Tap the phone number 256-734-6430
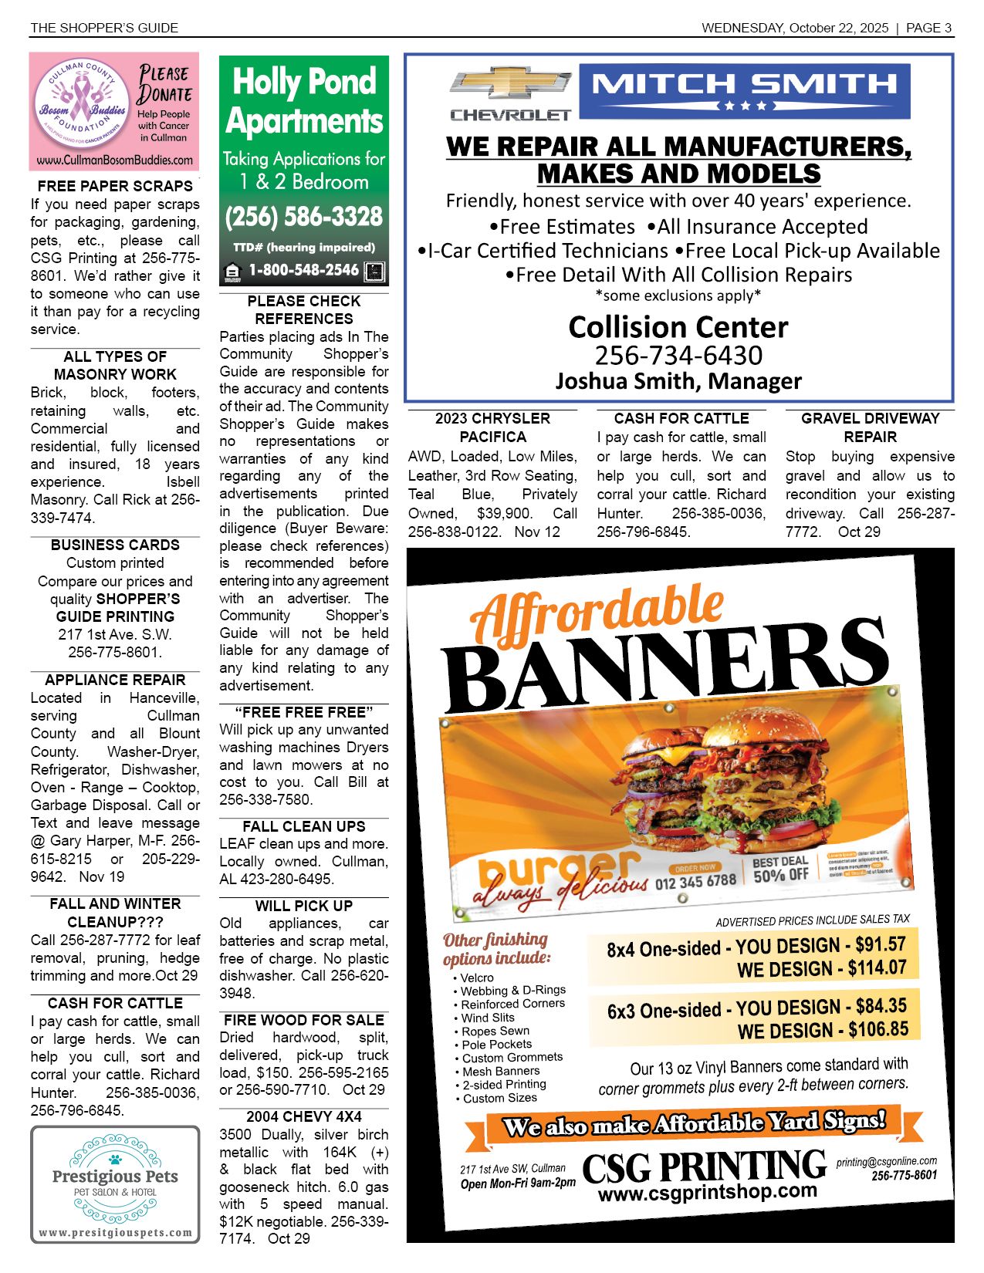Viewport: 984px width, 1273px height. [x=678, y=356]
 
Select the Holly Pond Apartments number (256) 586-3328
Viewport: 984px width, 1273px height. [x=304, y=217]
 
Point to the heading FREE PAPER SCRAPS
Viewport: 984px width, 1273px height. [x=115, y=186]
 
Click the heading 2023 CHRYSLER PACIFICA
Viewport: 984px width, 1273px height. [x=492, y=427]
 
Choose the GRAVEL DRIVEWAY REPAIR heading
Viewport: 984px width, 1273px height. [x=870, y=427]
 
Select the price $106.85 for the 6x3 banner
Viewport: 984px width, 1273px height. [x=878, y=1029]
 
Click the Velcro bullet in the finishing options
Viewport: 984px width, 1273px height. [x=477, y=978]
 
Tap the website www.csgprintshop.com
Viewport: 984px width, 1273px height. [x=707, y=1192]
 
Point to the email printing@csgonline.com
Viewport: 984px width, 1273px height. [x=887, y=1161]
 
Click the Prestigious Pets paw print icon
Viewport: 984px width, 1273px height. [x=115, y=1159]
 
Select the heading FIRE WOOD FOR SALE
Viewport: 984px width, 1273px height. [x=304, y=1020]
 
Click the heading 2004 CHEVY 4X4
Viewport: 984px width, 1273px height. [x=304, y=1116]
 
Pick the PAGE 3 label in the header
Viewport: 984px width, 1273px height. [x=928, y=28]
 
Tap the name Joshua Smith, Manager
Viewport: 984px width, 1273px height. [x=678, y=381]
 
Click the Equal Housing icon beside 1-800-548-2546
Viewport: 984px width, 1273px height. [x=231, y=272]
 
